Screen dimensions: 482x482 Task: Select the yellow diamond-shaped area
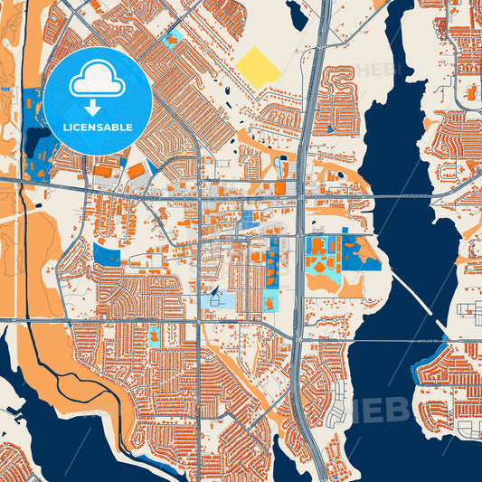coord(260,67)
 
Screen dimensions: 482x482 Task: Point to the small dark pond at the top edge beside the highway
coord(297,12)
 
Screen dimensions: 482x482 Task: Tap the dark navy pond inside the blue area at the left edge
coord(38,140)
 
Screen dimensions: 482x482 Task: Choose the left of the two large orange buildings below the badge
coord(107,171)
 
